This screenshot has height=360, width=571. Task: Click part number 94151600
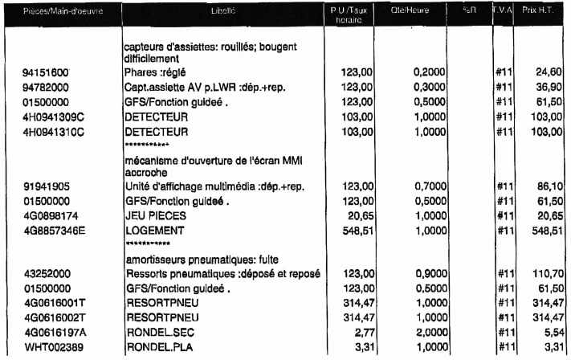point(45,72)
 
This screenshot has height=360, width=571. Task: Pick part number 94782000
point(45,87)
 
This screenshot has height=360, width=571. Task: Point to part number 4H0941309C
point(51,117)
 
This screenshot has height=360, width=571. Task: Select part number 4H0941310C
point(51,132)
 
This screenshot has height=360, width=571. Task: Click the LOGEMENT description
point(153,231)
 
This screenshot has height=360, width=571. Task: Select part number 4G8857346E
point(51,231)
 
